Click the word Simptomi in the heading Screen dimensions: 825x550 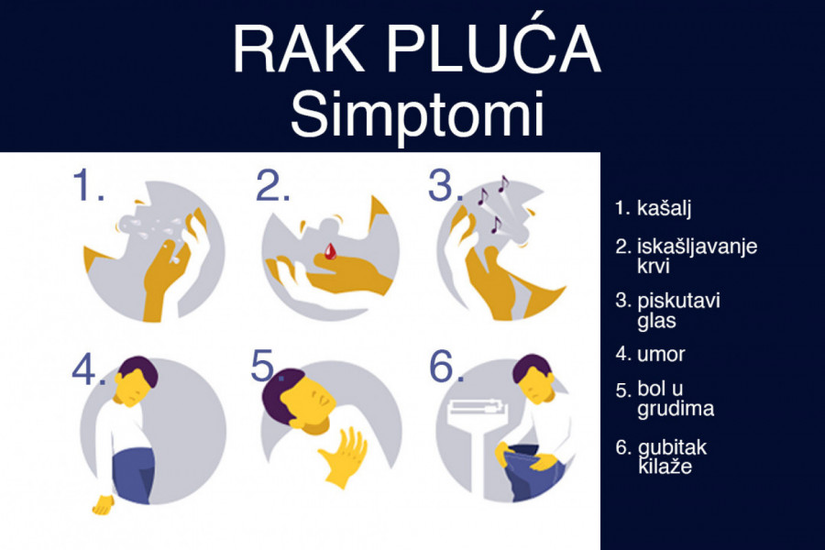417,115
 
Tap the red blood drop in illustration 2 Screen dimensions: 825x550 330,251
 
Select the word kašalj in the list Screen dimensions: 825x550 664,208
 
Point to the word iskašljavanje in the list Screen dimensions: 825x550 698,247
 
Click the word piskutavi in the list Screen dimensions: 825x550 678,301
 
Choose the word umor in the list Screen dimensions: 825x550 661,354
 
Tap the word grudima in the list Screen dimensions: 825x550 676,409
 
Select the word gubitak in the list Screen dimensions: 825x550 673,447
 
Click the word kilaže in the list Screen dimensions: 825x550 665,467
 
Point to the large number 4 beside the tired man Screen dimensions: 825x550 84,368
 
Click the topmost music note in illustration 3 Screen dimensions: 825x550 503,183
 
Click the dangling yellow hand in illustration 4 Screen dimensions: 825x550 103,505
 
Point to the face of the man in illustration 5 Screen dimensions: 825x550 311,404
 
